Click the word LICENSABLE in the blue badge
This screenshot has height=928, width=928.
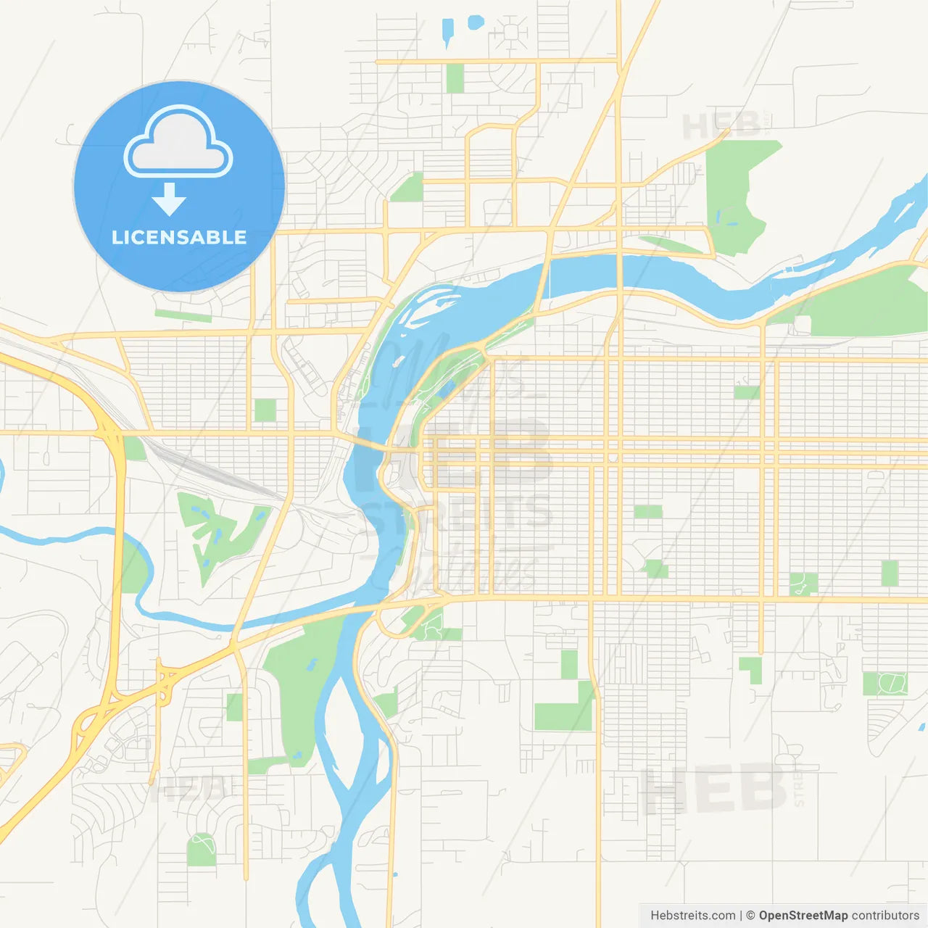point(178,237)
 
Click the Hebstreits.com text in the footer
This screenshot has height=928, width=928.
point(692,916)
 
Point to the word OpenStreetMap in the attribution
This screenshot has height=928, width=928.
point(803,916)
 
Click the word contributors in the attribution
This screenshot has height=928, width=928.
point(885,916)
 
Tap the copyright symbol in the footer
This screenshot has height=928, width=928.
point(750,916)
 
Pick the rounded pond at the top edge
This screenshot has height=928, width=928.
point(476,22)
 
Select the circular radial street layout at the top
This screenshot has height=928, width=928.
point(512,33)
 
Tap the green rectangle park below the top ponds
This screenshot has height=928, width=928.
point(455,78)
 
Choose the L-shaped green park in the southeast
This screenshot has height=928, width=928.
point(753,668)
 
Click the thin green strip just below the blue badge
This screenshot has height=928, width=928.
point(183,316)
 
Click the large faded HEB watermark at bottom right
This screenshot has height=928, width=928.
point(714,790)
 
